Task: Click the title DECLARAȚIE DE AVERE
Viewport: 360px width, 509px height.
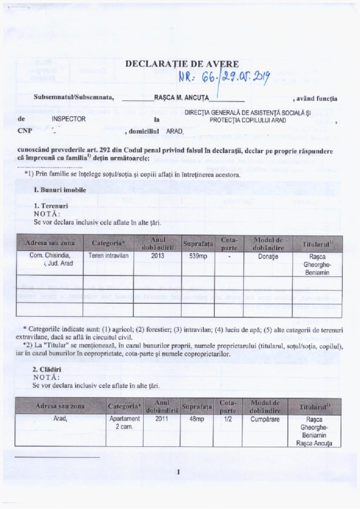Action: point(181,64)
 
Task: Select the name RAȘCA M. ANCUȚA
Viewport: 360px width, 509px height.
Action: point(185,98)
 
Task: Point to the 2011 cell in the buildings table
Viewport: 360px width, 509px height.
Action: point(162,419)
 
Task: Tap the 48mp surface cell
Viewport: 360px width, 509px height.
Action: point(197,419)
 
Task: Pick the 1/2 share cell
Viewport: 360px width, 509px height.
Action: point(228,419)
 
